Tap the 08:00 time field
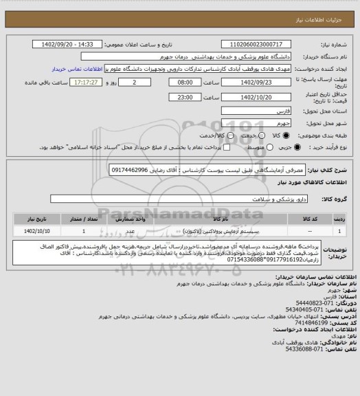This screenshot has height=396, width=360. [185, 82]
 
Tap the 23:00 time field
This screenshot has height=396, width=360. [185, 97]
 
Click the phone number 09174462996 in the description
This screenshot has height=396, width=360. [131, 168]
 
